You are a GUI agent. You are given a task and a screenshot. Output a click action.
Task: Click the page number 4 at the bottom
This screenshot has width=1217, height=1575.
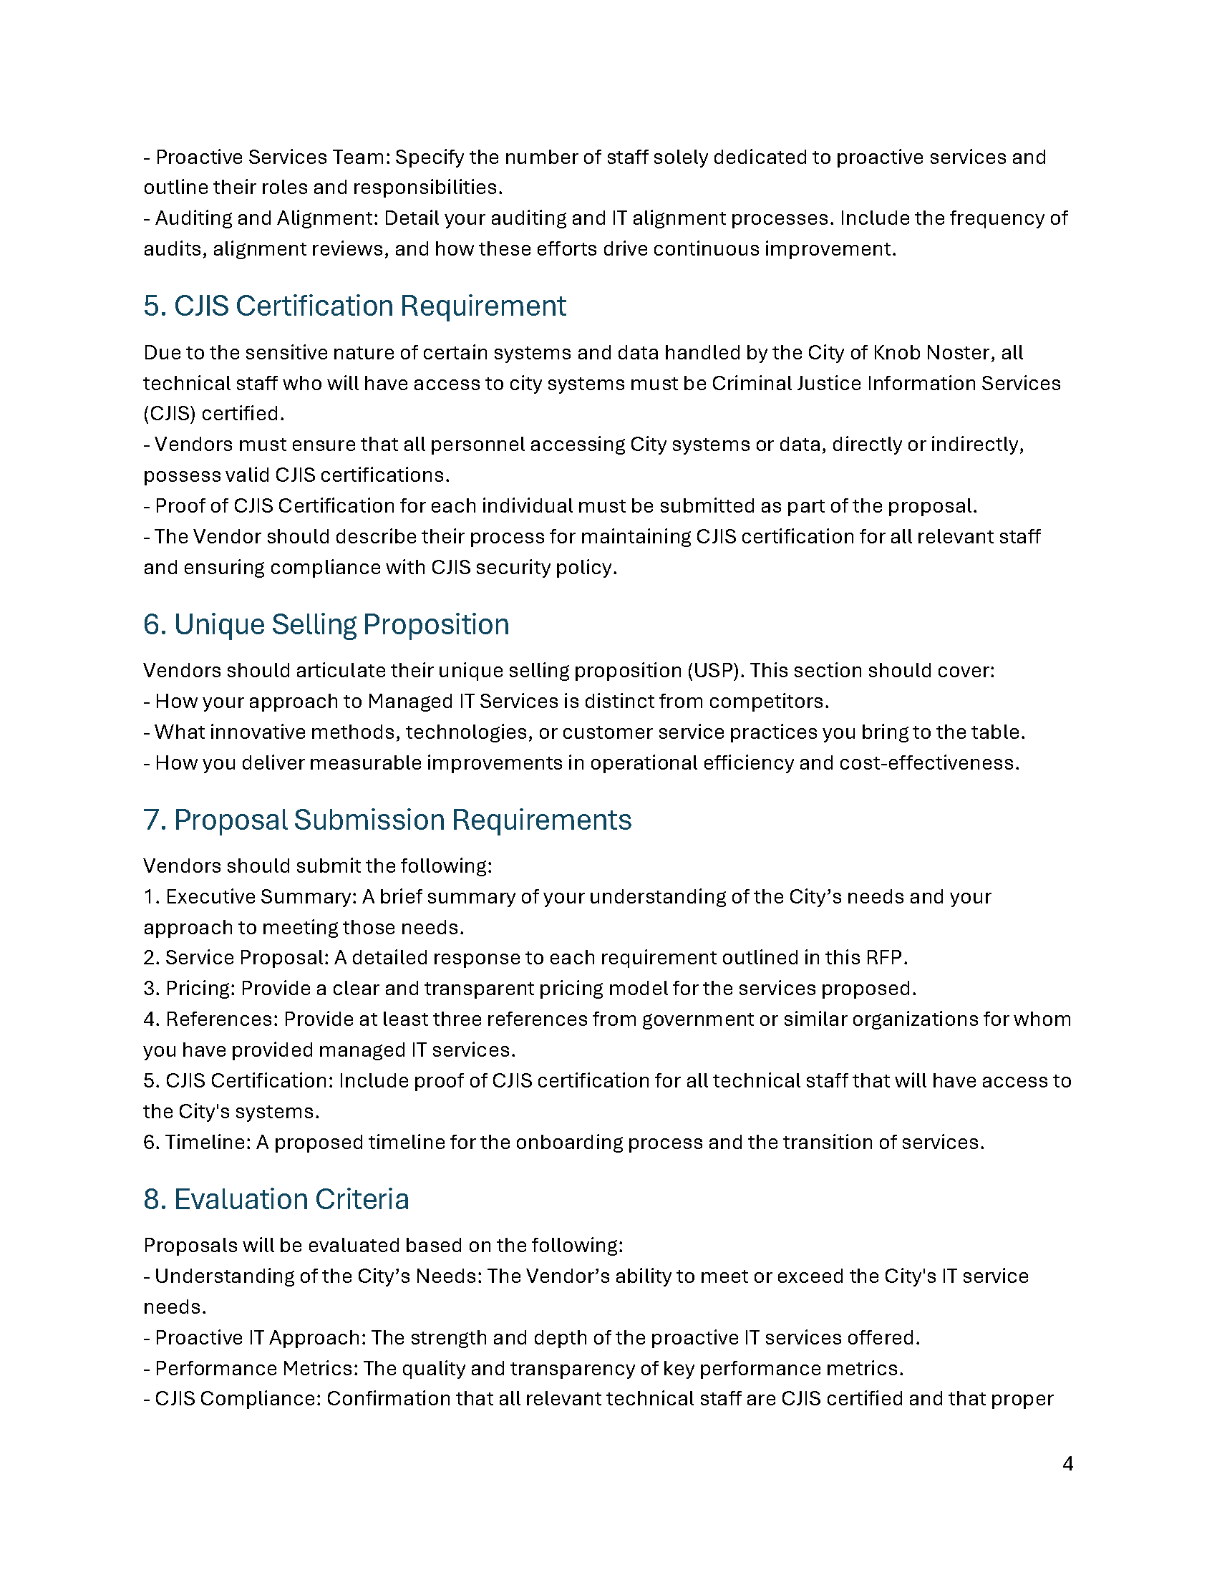[1068, 1463]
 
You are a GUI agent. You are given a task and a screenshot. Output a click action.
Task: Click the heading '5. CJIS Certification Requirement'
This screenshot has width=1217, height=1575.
[354, 306]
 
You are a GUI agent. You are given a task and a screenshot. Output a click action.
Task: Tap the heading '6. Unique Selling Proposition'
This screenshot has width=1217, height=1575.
[326, 624]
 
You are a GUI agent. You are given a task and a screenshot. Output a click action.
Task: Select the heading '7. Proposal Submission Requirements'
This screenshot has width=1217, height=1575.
[387, 820]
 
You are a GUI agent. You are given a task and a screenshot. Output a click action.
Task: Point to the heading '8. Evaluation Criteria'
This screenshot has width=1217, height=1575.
[276, 1199]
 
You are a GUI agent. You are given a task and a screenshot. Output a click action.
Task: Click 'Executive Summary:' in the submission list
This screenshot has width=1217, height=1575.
[261, 896]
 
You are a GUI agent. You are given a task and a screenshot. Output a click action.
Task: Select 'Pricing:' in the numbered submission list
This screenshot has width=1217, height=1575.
[200, 988]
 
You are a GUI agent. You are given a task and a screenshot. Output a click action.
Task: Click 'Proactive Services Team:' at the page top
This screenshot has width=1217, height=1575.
[273, 157]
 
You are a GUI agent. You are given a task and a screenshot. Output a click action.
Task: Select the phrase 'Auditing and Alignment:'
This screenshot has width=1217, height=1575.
[267, 218]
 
